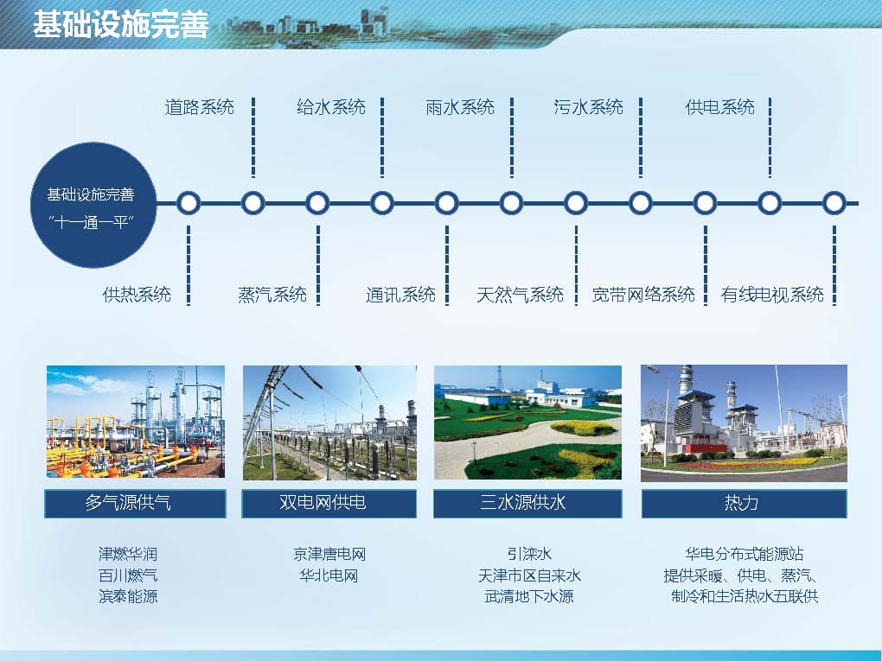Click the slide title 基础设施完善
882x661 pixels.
click(120, 24)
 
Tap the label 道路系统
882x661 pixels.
click(199, 107)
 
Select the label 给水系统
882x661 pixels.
click(330, 107)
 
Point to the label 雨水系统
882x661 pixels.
click(459, 107)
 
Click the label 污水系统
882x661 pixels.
click(588, 107)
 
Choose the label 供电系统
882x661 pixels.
click(719, 107)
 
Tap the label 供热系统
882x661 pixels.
click(137, 294)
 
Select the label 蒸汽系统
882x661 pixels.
click(272, 294)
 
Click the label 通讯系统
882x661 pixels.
click(400, 294)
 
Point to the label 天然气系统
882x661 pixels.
click(520, 294)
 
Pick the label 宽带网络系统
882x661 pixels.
click(643, 294)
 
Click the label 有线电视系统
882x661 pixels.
click(772, 294)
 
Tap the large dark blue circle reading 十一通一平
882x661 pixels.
click(93, 205)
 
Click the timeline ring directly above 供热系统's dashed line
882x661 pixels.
click(189, 203)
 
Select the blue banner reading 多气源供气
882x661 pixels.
click(135, 503)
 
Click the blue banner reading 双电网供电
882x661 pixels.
click(329, 503)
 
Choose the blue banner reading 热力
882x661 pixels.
click(745, 503)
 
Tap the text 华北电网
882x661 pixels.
click(329, 575)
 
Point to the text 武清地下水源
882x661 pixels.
click(528, 596)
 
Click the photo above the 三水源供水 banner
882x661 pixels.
click(527, 423)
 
